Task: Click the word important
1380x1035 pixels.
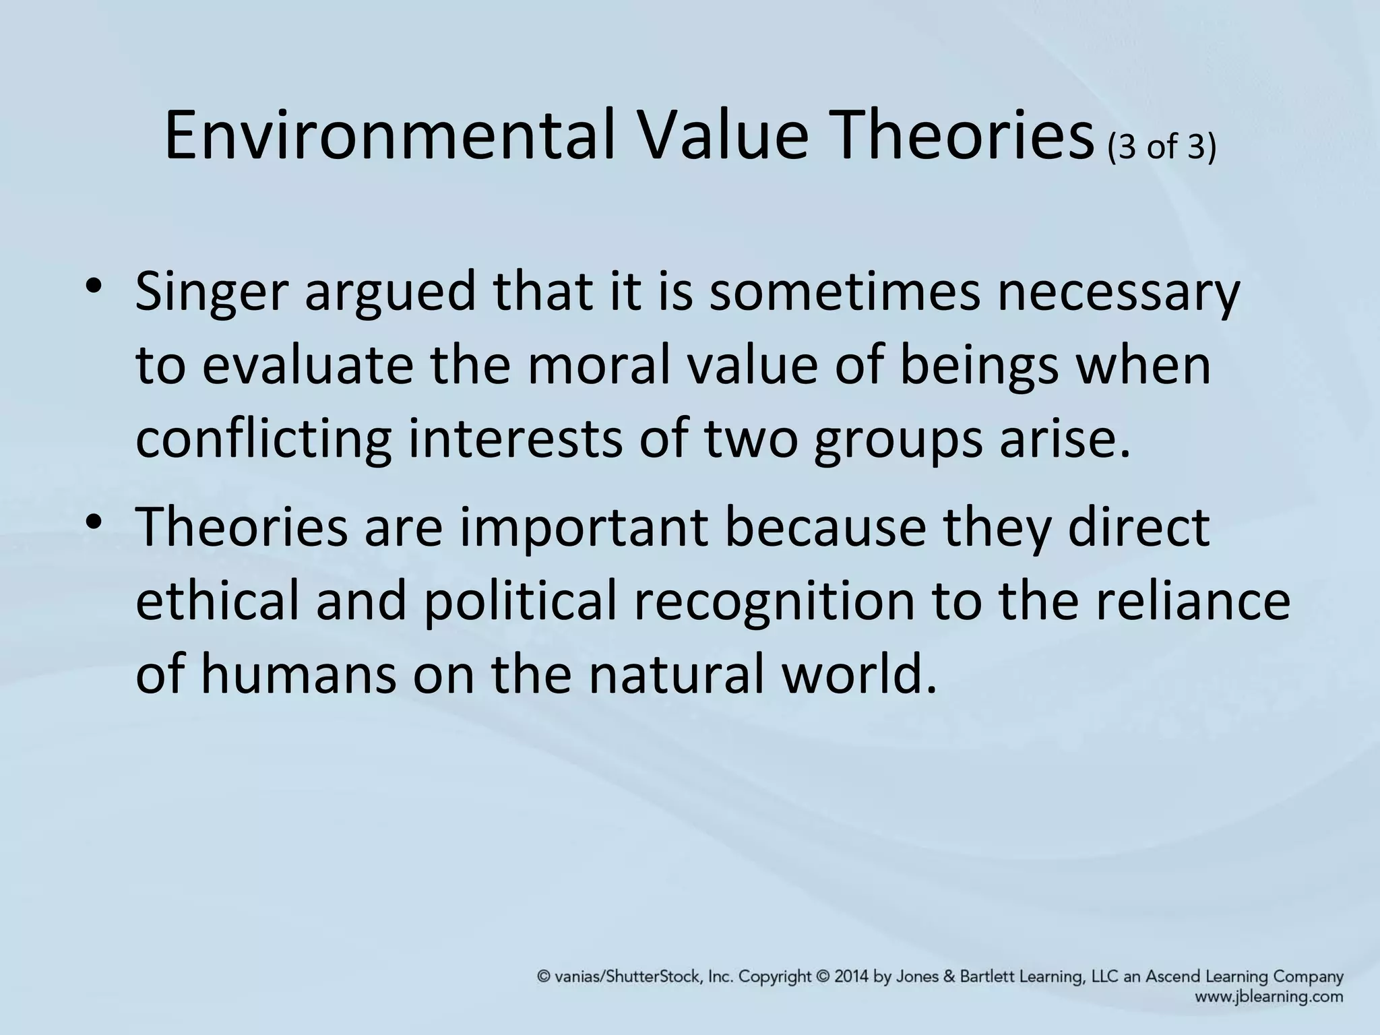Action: [x=584, y=529]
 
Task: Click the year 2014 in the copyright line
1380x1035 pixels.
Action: [x=852, y=977]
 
